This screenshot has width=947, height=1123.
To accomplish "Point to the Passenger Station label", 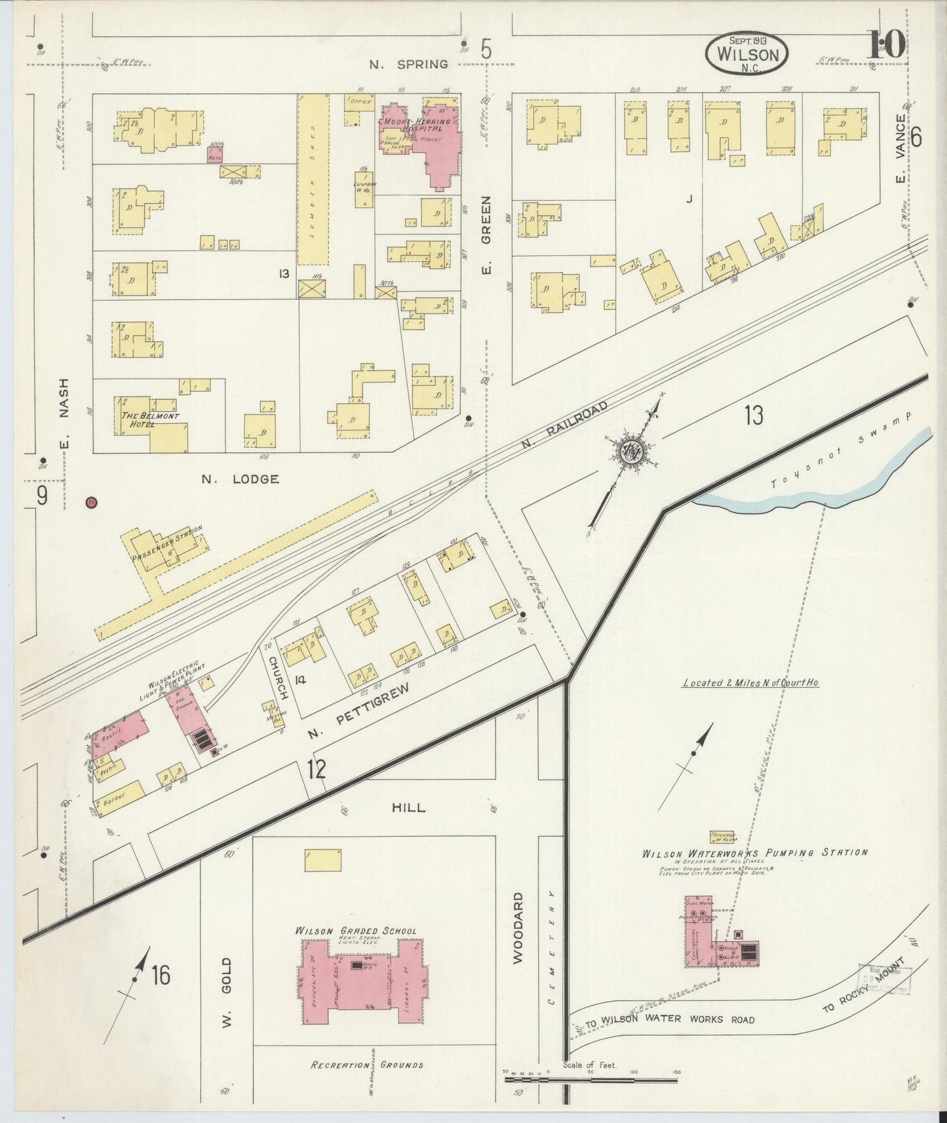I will (166, 544).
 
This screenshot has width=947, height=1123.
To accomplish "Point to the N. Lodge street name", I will (240, 480).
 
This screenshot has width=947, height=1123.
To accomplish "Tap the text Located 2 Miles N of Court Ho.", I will (751, 683).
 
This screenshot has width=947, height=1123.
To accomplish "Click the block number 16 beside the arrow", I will (160, 975).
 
